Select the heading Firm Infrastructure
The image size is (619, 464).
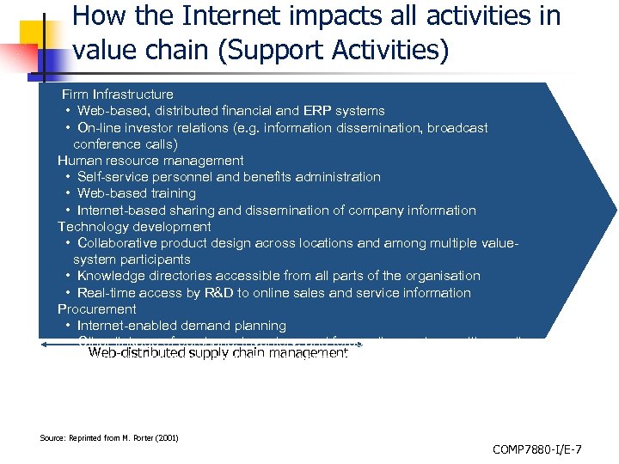[x=117, y=94]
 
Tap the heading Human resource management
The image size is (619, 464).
[x=150, y=161]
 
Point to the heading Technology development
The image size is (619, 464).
[x=134, y=227]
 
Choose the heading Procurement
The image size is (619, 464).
[x=96, y=309]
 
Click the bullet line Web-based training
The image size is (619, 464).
[x=136, y=193]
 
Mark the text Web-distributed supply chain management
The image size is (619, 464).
[x=218, y=353]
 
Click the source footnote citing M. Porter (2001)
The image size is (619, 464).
[x=109, y=437]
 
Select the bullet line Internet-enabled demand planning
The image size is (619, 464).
[x=181, y=326]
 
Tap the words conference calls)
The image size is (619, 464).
[x=126, y=143]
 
